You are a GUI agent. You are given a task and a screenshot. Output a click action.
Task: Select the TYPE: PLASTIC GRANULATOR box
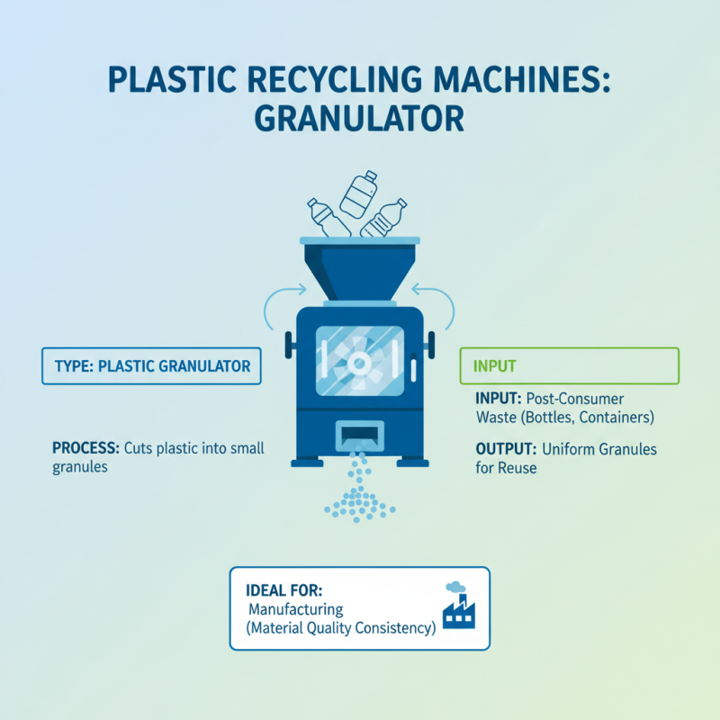pyautogui.click(x=151, y=367)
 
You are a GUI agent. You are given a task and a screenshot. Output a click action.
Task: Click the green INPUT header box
pyautogui.click(x=569, y=367)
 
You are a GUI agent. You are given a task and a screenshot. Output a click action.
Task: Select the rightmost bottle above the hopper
pyautogui.click(x=390, y=219)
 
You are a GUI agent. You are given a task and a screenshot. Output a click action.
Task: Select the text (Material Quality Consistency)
pyautogui.click(x=340, y=629)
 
